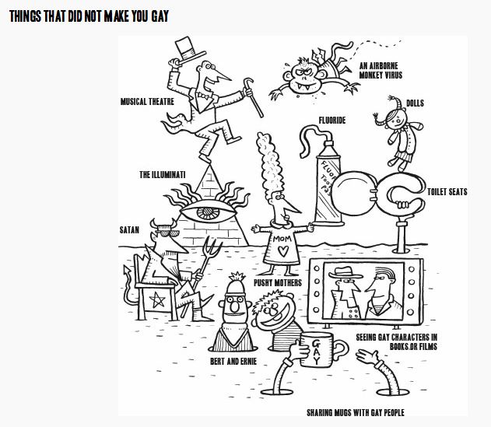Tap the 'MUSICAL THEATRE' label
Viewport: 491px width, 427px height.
[147, 102]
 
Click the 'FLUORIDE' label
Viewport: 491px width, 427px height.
[331, 121]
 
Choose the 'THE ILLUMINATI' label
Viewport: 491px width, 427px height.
[163, 175]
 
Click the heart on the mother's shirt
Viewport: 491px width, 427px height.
[283, 250]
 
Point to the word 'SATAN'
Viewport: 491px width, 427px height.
[129, 230]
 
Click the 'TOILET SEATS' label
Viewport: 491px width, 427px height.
[447, 191]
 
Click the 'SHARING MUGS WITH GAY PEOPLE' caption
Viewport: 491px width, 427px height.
[354, 412]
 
